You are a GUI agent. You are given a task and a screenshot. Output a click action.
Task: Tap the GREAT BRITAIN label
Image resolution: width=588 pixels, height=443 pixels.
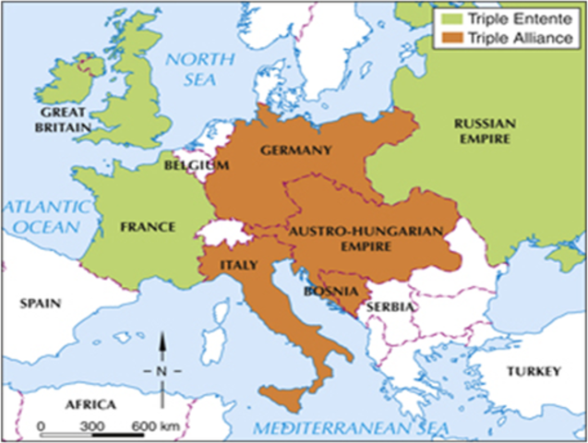click(x=64, y=121)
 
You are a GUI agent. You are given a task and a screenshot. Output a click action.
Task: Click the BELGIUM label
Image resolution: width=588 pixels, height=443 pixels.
click(x=197, y=165)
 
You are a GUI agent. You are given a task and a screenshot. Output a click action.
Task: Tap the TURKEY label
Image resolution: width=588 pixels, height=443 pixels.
click(x=534, y=371)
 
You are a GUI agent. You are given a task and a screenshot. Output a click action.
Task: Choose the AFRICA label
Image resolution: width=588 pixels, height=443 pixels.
click(x=90, y=405)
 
